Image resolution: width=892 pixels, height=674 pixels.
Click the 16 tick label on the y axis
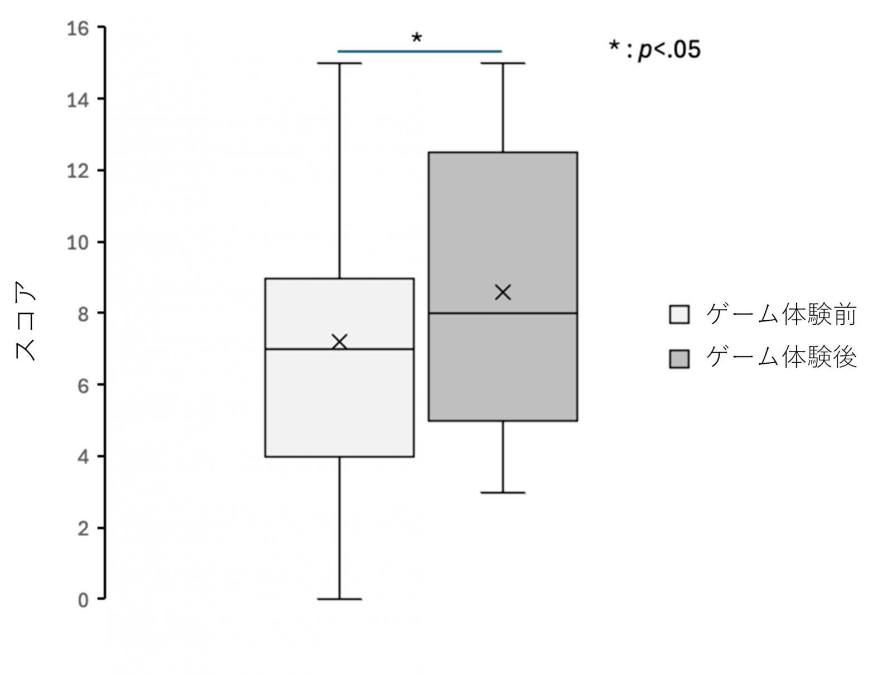78,29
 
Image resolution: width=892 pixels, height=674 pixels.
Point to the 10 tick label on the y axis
78,243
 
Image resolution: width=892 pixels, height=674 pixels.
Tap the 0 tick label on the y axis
83,600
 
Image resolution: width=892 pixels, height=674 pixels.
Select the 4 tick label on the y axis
83,457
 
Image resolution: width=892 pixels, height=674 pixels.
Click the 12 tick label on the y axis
78,171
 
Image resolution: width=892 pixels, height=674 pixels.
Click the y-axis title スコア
25,321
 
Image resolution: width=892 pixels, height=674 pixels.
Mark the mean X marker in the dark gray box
503,292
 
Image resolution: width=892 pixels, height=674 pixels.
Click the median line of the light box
340,349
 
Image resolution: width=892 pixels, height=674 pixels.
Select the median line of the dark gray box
503,313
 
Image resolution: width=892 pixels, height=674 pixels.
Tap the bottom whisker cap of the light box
340,599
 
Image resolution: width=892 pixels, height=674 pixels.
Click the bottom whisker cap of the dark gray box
503,493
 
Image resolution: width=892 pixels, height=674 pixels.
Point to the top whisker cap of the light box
340,63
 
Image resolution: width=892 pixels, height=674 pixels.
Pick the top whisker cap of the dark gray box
503,63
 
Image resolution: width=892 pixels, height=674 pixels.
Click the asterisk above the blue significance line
417,38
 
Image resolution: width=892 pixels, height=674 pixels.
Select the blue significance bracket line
420,51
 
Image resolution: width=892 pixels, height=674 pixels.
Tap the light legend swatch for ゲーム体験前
679,315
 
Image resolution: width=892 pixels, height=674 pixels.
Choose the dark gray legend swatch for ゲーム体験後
679,359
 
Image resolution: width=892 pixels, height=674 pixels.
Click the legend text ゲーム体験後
782,358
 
